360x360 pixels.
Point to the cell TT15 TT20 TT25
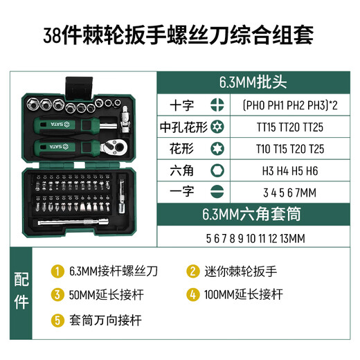(280, 127)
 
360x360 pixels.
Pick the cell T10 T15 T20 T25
(280, 148)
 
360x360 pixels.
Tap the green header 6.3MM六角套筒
(254, 213)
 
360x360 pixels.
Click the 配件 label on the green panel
(22, 291)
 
